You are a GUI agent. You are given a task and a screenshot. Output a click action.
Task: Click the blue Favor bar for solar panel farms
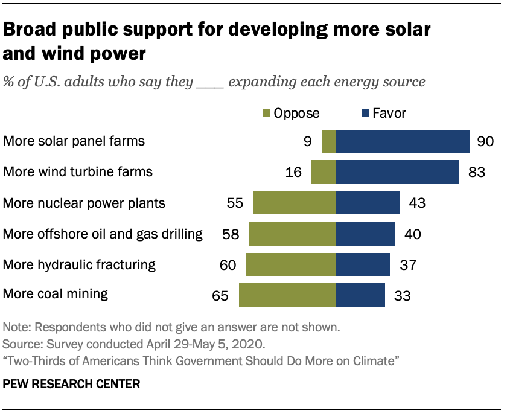403,141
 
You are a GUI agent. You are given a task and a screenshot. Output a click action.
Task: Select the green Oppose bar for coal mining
287,295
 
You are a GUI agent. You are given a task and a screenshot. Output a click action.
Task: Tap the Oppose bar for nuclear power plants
295,203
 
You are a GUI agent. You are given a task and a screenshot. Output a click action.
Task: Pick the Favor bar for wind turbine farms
397,172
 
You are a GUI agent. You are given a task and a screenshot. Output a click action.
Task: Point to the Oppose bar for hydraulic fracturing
291,264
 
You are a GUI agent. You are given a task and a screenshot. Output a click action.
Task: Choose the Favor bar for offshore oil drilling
365,234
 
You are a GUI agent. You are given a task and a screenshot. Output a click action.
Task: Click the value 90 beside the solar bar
485,142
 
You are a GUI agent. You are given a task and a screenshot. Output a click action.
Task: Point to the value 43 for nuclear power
416,203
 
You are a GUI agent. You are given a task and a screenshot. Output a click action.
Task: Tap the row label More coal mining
56,295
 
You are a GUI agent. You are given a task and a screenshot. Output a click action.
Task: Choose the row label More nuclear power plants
84,203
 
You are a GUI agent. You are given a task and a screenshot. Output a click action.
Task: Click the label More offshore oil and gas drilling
103,234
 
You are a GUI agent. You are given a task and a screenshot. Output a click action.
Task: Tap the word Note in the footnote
15,328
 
